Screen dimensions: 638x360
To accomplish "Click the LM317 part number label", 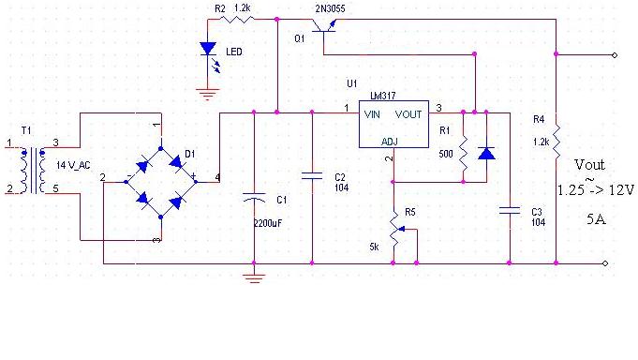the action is tap(382, 96).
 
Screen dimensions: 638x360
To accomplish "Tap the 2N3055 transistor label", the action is tap(330, 8).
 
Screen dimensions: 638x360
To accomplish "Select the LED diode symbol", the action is tap(208, 49).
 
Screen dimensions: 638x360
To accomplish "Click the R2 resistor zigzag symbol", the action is tap(239, 19).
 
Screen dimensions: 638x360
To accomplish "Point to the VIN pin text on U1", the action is tap(372, 114).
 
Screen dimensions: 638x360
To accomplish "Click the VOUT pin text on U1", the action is tap(408, 114).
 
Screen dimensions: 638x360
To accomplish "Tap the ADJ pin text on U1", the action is tap(390, 142).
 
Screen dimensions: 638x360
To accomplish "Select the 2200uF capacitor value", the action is tap(268, 223).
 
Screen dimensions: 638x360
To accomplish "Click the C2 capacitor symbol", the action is tap(312, 176).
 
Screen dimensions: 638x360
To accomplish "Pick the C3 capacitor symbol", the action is tap(510, 211).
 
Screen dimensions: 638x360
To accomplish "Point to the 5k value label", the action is tap(374, 247).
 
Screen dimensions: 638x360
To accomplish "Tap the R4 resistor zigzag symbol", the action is tap(556, 142).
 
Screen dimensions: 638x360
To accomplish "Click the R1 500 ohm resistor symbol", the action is tap(464, 153).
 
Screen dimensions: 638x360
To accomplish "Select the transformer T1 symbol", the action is tap(33, 170).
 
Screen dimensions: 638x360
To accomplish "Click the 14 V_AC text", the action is tap(73, 165).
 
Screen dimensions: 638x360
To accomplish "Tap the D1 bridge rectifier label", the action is tap(190, 154).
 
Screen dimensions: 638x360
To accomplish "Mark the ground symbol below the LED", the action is tap(208, 95).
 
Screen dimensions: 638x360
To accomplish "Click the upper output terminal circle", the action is tap(615, 55).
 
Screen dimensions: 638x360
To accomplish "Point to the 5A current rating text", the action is tap(596, 219).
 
